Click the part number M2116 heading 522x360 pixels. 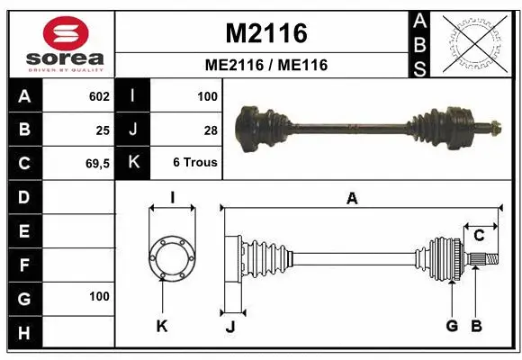[x=265, y=33]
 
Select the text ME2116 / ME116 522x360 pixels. [x=265, y=65]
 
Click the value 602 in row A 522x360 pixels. [x=99, y=96]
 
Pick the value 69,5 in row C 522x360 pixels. [x=97, y=163]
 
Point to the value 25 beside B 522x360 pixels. [x=103, y=130]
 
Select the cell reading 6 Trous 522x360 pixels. [x=195, y=163]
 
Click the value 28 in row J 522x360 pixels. [x=211, y=130]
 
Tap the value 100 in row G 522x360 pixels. [x=99, y=296]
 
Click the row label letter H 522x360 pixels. [x=23, y=333]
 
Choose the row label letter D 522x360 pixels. [x=23, y=196]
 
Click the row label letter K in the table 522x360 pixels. [x=133, y=163]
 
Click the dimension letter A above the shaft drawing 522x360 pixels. [x=352, y=200]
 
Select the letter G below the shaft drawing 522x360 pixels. [x=452, y=325]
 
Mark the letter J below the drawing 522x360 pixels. [x=229, y=327]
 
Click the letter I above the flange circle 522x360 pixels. [x=172, y=196]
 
